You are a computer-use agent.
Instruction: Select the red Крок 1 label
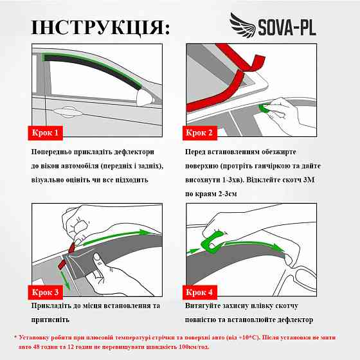pos(46,134)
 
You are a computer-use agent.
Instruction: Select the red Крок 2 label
pos(199,134)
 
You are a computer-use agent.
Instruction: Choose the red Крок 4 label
pos(199,292)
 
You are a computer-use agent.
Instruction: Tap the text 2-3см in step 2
pos(239,194)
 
